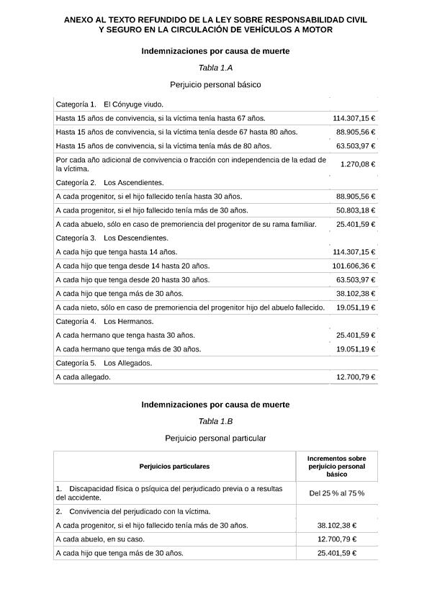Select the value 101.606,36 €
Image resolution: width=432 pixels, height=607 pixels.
coord(354,266)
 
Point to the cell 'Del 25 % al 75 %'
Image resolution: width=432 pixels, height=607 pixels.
coord(336,493)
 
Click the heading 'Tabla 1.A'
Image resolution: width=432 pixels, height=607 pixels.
coord(215,68)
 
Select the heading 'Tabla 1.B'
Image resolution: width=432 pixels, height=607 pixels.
coord(215,421)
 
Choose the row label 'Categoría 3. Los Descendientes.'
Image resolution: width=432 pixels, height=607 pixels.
coord(112,238)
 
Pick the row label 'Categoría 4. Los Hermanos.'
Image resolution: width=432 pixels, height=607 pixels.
coord(104,321)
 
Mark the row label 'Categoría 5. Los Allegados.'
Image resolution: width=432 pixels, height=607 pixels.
coord(104,363)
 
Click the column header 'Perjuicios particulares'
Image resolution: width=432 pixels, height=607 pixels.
coord(174,467)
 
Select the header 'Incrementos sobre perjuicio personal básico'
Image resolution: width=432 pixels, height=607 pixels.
coord(336,467)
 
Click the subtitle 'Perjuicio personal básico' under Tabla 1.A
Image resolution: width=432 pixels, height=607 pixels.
coord(215,85)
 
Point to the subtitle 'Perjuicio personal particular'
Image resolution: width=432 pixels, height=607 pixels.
coord(215,438)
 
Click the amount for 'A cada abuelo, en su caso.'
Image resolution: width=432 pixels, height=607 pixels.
coord(336,539)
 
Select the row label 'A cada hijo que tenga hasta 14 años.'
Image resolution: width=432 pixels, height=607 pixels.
coord(116,252)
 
